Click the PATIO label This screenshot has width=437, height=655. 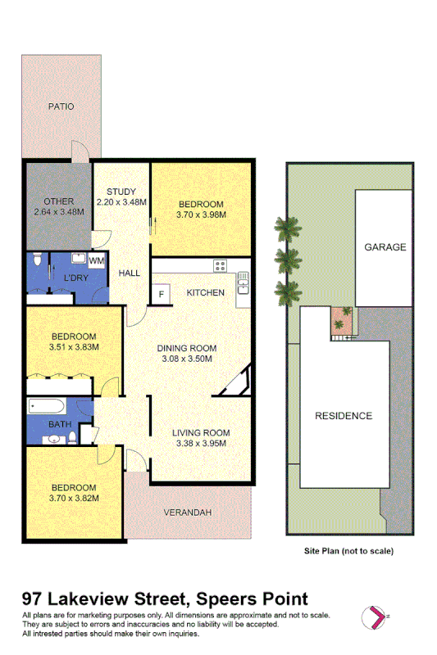point(60,106)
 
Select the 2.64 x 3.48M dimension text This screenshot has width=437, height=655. point(60,212)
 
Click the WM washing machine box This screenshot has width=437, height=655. point(97,261)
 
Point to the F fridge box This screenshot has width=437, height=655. point(161,294)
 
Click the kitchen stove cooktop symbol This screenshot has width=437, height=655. point(220,265)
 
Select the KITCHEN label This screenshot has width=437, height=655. point(205,292)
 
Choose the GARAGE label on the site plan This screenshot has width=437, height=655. point(385,246)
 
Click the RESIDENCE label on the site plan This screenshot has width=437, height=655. point(344,416)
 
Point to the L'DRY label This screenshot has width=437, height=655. point(76,278)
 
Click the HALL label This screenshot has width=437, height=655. point(130,273)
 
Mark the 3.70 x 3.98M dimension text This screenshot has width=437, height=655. point(201,215)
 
